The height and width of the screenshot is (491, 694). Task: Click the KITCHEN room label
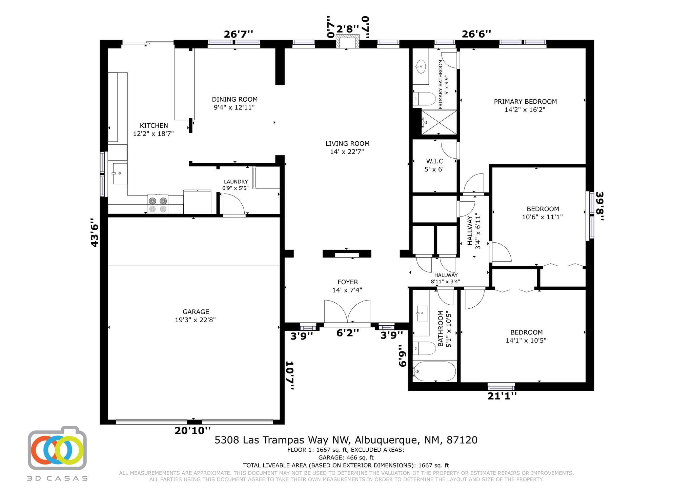(x=154, y=126)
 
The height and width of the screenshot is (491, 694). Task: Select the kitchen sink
(x=120, y=173)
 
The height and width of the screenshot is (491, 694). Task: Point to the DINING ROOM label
(x=235, y=99)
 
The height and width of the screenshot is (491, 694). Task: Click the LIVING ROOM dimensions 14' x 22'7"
(x=347, y=152)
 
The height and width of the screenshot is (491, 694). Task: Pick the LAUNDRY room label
(x=236, y=182)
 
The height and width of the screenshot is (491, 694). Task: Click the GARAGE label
(x=196, y=312)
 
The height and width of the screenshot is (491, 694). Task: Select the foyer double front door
(x=347, y=311)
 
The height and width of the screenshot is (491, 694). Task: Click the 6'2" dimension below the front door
(x=348, y=333)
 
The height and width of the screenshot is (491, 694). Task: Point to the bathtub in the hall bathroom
(x=434, y=371)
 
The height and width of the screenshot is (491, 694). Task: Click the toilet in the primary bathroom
(x=425, y=99)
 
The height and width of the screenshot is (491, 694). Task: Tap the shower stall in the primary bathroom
(x=439, y=122)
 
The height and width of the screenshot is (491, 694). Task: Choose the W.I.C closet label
(x=434, y=161)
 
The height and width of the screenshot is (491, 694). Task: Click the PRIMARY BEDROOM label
(x=525, y=101)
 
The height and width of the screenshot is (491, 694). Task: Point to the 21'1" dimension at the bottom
(x=502, y=396)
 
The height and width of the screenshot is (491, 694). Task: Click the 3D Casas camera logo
(x=57, y=448)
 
